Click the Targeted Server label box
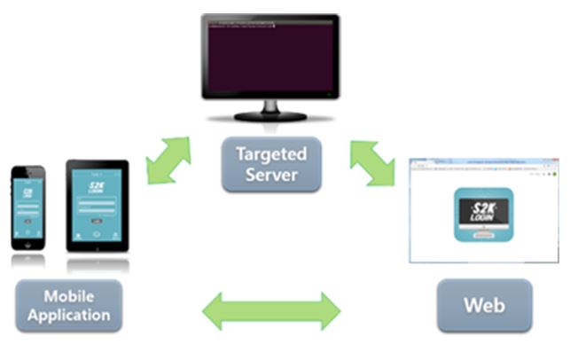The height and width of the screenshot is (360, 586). (271, 164)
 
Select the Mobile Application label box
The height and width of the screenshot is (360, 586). (68, 306)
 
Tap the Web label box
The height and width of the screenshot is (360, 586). (484, 306)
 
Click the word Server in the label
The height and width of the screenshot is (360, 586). (271, 174)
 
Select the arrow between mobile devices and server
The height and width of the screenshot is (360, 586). (168, 160)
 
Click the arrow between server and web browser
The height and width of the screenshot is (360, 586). (372, 162)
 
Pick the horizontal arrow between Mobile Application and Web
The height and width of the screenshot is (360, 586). (271, 310)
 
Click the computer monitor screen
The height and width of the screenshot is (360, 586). (270, 55)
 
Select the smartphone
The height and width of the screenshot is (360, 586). (27, 207)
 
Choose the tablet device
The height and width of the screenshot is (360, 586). (98, 205)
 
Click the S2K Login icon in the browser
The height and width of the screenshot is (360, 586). (483, 214)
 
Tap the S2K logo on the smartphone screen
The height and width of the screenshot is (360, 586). (27, 192)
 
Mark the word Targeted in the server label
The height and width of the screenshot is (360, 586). (271, 153)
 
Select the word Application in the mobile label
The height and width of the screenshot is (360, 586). (68, 316)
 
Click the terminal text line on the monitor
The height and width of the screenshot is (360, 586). (239, 27)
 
